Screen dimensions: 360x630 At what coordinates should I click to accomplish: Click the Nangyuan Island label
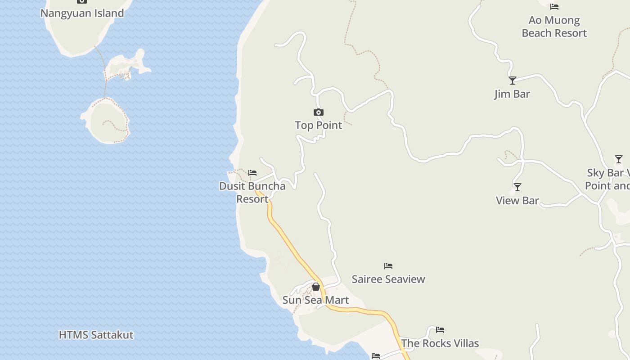[82, 13]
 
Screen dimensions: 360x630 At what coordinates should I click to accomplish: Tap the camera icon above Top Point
[319, 112]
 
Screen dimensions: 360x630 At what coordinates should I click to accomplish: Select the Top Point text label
[319, 125]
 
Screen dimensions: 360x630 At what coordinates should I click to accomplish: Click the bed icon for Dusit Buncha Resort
[252, 173]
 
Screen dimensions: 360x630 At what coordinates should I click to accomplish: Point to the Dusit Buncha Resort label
[252, 192]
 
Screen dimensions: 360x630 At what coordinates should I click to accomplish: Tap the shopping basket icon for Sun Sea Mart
[316, 287]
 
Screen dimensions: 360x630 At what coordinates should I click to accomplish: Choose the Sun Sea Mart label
[315, 300]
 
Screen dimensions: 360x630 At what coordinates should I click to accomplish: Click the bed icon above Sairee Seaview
[388, 266]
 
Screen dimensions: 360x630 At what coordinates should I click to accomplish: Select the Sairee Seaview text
[388, 279]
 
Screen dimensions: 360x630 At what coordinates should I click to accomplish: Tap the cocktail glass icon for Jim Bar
[513, 81]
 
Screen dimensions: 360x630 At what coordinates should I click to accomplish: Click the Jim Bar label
[512, 94]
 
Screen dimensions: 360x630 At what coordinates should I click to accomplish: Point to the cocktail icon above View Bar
[517, 187]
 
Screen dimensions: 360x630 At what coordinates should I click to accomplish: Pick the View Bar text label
[517, 200]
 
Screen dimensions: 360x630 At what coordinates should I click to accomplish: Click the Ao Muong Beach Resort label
[554, 27]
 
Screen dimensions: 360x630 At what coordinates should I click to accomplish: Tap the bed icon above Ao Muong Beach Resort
[554, 7]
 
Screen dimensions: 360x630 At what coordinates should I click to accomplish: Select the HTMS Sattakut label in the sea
[96, 335]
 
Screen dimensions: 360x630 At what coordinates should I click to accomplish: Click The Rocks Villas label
[440, 343]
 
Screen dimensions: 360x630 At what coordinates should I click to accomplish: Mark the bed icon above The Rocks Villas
[440, 330]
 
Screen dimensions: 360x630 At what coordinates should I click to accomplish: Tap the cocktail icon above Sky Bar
[619, 159]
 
